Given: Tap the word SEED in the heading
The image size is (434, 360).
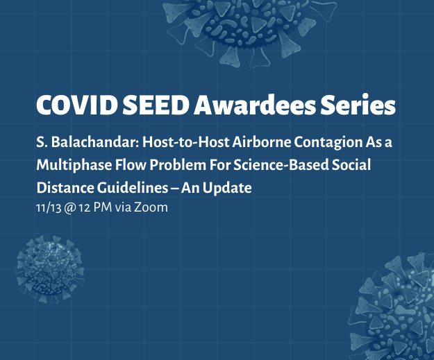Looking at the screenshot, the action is click(x=156, y=105).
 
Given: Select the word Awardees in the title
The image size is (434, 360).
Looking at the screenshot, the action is click(x=255, y=105).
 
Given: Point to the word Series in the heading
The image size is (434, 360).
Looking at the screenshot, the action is click(x=358, y=105).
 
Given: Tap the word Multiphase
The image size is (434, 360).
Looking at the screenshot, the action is click(x=74, y=166).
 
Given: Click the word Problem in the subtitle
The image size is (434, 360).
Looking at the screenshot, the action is click(x=178, y=165).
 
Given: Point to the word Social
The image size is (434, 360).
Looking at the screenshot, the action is click(x=351, y=165).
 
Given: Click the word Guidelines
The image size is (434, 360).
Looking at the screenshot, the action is click(x=133, y=188).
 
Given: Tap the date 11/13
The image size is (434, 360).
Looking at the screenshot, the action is click(x=49, y=207).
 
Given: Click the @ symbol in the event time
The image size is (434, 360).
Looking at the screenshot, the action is click(x=69, y=208).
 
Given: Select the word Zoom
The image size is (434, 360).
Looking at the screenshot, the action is click(x=151, y=207).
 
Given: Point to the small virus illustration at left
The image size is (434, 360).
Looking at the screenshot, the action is click(x=50, y=268).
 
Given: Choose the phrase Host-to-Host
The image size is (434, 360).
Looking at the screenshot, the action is click(x=185, y=142).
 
